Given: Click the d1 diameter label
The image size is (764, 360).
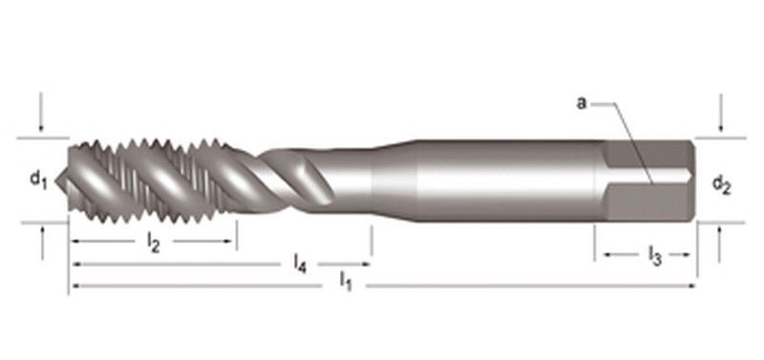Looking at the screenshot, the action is coord(38,180).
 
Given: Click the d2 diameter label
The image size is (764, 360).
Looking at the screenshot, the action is coord(722,184).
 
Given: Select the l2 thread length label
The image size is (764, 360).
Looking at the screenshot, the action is coord(153,243).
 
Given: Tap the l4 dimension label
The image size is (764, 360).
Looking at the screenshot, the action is coord(300,265).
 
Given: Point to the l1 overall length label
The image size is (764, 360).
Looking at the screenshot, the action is coord(346,282).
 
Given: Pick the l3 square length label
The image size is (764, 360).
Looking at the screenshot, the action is coord(654,255).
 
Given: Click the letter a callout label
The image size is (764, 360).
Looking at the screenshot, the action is coord(582,103).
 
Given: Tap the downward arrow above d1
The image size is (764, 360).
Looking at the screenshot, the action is coord(41,113).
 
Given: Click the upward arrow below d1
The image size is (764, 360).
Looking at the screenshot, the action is coord(42,243).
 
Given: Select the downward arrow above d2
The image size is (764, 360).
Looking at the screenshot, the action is coord(721,114).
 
